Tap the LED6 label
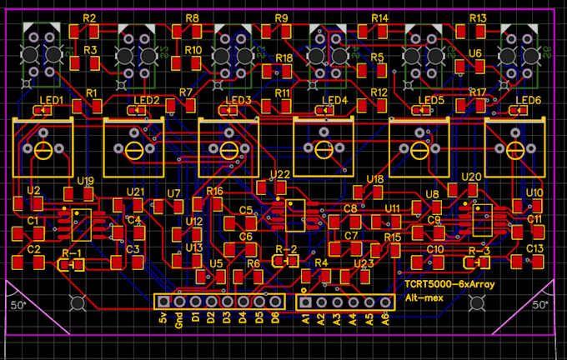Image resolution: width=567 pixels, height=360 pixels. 529,101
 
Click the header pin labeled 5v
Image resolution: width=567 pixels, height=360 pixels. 163,300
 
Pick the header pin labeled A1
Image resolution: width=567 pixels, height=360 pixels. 305,300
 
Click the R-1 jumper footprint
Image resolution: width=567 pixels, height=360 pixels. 72,264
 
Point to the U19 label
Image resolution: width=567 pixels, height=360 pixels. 85,181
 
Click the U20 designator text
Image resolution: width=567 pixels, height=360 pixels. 471,177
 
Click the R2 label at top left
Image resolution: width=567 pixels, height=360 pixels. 90,18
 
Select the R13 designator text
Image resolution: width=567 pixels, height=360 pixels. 478,18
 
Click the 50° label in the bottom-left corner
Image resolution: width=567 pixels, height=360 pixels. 18,305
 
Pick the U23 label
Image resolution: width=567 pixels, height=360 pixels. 364,263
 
